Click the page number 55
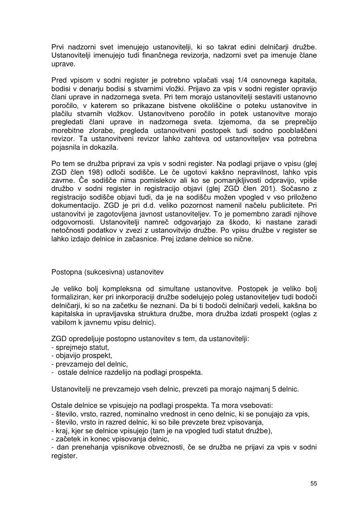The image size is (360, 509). click(x=313, y=483)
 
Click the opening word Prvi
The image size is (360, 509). click(x=58, y=47)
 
